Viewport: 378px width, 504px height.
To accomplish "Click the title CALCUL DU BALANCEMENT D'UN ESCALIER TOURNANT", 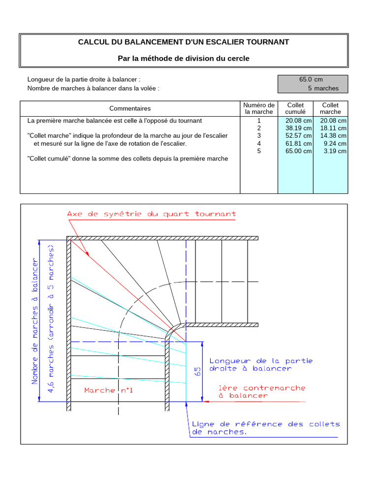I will (184, 42).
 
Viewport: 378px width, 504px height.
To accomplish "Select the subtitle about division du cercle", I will (184, 59).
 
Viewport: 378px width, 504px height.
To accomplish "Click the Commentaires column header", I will (130, 108).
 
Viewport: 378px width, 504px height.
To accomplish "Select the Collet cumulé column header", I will (295, 108).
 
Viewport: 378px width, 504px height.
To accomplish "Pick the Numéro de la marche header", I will (259, 108).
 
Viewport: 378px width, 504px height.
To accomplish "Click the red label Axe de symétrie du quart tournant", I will (151, 214).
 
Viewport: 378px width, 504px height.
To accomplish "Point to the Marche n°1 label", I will (109, 390).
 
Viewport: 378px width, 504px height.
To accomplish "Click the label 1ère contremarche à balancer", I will (262, 391).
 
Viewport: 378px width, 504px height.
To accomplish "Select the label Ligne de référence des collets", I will (266, 424).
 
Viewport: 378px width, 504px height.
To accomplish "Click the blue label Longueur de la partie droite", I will (261, 364).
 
